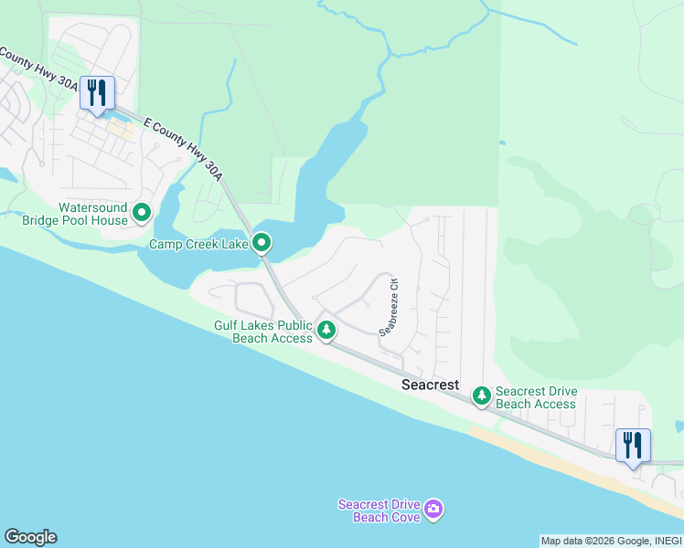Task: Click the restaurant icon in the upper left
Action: point(96,91)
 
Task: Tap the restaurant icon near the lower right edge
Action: point(633,445)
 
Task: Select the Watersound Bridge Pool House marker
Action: point(142,214)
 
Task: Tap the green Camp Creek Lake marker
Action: point(262,243)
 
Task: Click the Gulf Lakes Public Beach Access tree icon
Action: point(326,329)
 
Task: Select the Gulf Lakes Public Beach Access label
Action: point(263,332)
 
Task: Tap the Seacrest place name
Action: point(430,385)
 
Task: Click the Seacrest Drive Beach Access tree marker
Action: point(481,396)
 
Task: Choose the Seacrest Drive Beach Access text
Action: point(536,397)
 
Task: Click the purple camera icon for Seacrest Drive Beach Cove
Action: point(433,509)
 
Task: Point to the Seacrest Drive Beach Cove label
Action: point(379,511)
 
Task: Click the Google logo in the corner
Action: point(30,537)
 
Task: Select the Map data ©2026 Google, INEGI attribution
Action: point(610,541)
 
